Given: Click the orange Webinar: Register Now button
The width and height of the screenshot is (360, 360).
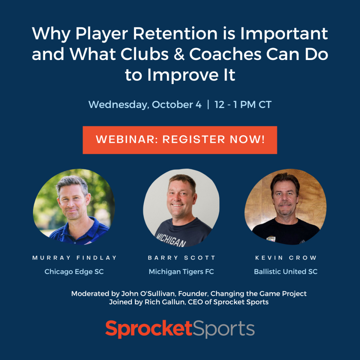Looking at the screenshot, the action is point(180,140).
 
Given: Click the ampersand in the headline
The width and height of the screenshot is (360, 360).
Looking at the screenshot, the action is point(179,54).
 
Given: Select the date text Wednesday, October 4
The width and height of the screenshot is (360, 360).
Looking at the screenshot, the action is point(145,105).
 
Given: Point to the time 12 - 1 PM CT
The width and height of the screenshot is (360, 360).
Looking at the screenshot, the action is point(243,104).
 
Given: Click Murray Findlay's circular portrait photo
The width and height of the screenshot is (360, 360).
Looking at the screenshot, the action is point(74,207).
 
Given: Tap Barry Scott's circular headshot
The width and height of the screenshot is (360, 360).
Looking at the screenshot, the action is point(181,208).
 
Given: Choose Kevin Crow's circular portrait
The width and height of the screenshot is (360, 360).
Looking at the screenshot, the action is point(286,207).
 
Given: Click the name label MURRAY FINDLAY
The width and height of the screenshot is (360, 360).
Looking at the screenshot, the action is point(74,258).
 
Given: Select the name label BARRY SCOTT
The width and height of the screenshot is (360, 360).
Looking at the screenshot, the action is point(181,258).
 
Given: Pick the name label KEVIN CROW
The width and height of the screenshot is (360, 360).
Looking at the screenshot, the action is point(286,258).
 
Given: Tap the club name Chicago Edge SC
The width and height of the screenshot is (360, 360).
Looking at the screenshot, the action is point(74,271).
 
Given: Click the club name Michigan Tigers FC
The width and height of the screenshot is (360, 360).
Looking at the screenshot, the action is point(181,271).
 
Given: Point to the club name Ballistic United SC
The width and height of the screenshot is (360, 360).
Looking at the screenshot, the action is point(286,271).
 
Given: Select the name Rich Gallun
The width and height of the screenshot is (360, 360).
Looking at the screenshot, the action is point(165,302).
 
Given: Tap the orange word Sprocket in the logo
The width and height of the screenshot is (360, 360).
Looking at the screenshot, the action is point(149,329).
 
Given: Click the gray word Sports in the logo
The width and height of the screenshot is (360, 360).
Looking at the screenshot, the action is point(223,329).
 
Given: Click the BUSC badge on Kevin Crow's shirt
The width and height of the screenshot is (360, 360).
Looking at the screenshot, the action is point(271,239).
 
